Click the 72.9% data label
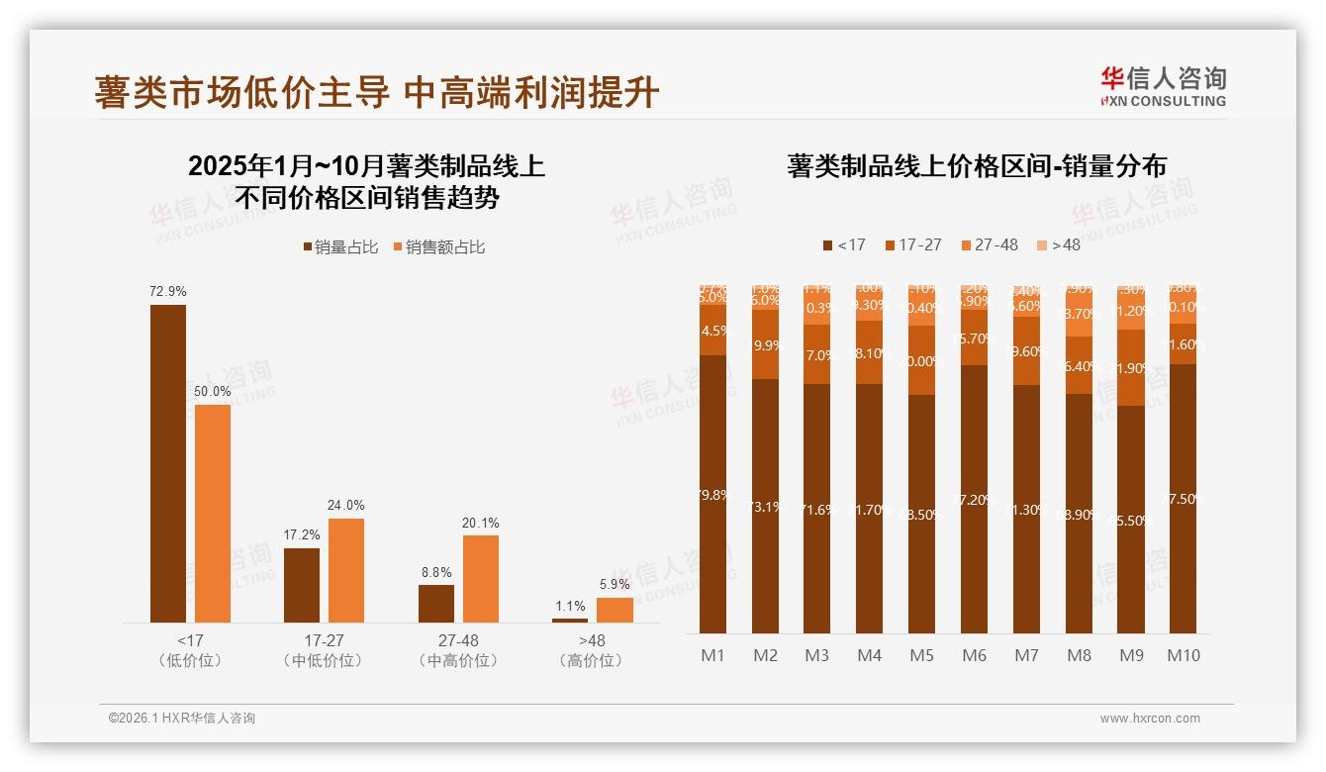[168, 292]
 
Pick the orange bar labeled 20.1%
[481, 578]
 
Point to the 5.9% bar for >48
[615, 610]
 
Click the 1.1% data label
[570, 607]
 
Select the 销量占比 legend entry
[340, 247]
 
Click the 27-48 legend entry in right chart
[989, 244]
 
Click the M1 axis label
[712, 655]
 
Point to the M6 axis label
[975, 655]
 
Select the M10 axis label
[1184, 655]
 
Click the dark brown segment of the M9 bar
[1131, 520]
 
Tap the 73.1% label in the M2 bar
[765, 507]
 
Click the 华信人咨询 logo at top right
[1163, 86]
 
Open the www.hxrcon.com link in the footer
[1150, 719]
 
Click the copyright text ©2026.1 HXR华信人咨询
[182, 719]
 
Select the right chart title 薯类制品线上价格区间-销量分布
[977, 165]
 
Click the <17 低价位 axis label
[190, 650]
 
